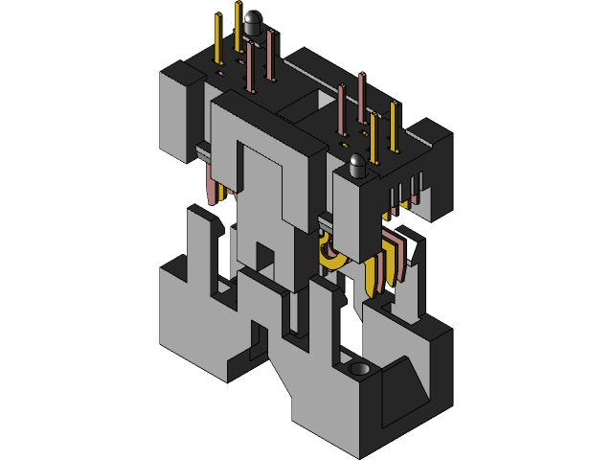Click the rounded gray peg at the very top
tap(253, 22)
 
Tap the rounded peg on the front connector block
tap(358, 165)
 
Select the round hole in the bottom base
tap(359, 369)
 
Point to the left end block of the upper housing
tap(180, 110)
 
